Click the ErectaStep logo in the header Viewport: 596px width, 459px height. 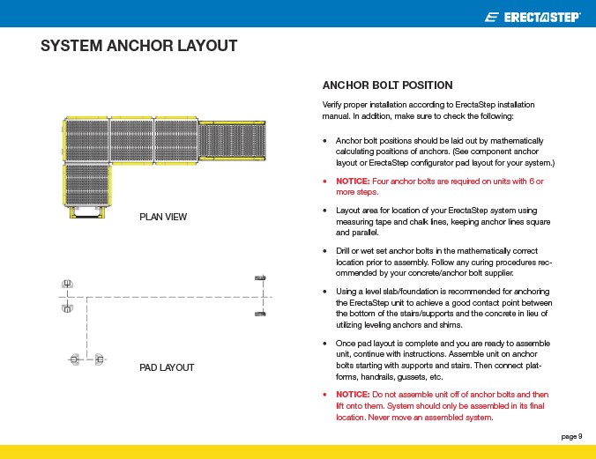(x=533, y=17)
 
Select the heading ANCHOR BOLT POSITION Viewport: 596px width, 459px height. (x=387, y=85)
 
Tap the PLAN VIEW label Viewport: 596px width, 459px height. (x=163, y=218)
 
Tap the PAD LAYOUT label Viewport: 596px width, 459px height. (x=167, y=367)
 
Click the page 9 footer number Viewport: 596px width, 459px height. (x=571, y=436)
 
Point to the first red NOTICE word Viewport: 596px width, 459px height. (x=351, y=181)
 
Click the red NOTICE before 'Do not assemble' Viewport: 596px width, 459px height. (x=351, y=394)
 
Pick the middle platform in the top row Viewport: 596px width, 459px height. (x=130, y=140)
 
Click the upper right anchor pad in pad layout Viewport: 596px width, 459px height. (x=260, y=278)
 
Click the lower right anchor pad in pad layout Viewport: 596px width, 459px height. (x=260, y=314)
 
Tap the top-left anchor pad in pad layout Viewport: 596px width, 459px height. (x=67, y=284)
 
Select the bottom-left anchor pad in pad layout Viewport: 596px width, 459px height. (x=75, y=359)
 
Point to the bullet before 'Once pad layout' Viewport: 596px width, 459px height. (x=326, y=343)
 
